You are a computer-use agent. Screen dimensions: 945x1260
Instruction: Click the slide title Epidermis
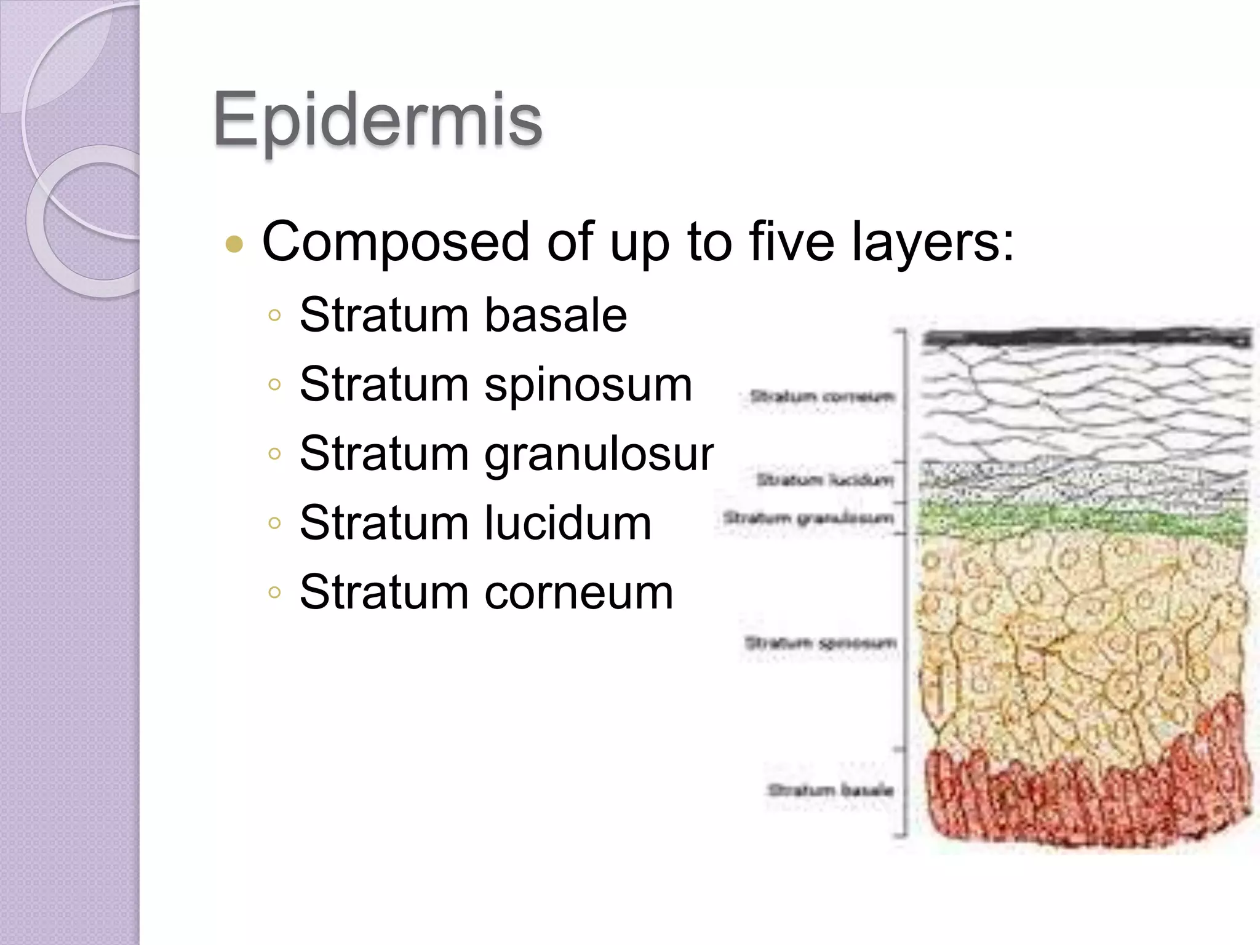point(377,120)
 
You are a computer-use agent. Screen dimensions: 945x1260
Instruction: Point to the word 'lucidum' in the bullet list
point(567,523)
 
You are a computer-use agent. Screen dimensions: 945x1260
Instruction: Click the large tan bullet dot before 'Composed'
point(234,245)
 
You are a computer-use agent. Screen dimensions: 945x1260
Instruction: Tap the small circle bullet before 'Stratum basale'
point(274,316)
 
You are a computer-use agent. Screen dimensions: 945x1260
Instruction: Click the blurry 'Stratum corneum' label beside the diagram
point(822,397)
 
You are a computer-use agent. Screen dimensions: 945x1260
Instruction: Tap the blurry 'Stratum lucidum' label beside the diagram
point(824,479)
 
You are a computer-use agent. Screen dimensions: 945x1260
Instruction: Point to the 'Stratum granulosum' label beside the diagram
point(808,518)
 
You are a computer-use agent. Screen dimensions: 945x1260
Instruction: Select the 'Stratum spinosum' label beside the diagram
point(820,644)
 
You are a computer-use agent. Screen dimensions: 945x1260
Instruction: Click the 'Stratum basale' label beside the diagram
point(831,789)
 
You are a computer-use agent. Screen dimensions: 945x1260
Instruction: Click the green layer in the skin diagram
point(1083,523)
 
